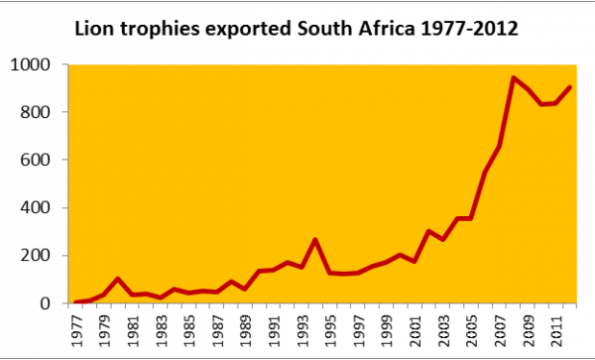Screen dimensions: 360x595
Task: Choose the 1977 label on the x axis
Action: tap(77, 329)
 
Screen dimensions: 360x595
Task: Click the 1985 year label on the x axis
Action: tap(188, 329)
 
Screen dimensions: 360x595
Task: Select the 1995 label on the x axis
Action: tap(330, 329)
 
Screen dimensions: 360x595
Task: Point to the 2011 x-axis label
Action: tap(556, 329)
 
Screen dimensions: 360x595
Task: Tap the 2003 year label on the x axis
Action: tap(443, 329)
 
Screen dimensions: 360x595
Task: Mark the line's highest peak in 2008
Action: tap(514, 77)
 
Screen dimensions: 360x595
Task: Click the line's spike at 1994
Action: tap(315, 239)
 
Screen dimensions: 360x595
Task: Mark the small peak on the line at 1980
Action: tap(118, 279)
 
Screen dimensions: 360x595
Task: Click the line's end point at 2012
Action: tap(570, 87)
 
